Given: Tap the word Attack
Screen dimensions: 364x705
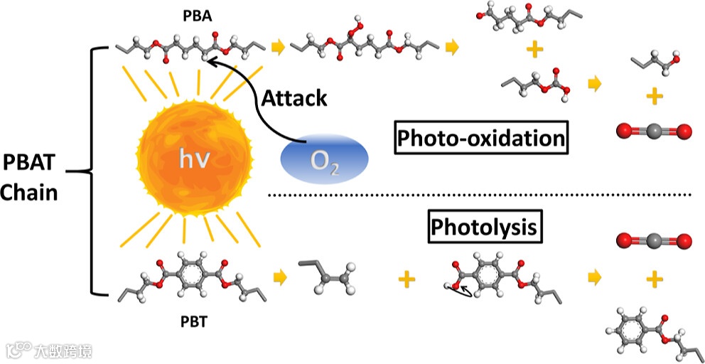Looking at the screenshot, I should coord(294,97).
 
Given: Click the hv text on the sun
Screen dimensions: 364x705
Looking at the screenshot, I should coord(193,161).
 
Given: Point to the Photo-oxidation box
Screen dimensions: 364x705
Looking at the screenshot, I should coord(481,138).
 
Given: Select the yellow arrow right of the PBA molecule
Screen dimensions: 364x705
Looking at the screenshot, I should coord(277,48).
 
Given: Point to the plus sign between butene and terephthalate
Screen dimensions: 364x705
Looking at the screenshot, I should coord(406,279).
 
